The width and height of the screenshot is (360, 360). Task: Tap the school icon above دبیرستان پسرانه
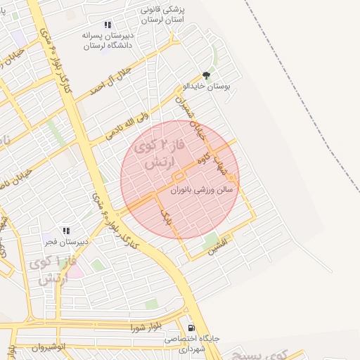[107, 24]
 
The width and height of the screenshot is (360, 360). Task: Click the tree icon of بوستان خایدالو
[206, 75]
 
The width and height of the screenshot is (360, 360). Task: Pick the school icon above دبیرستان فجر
[67, 231]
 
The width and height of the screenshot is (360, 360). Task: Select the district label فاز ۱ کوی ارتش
[49, 270]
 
